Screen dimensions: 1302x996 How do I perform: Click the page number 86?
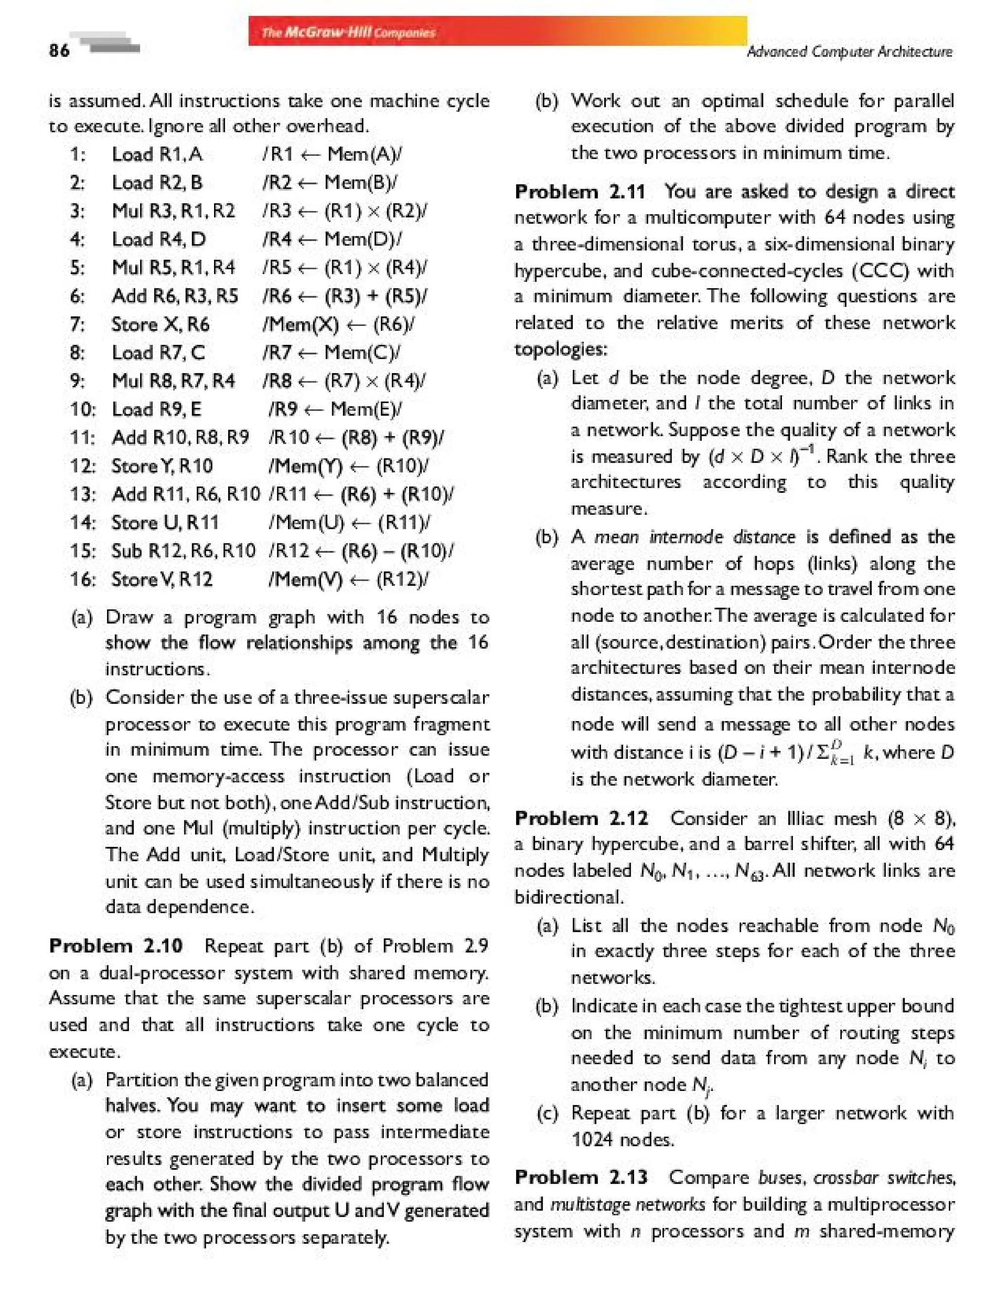tap(59, 51)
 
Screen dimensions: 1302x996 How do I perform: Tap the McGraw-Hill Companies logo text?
tap(349, 32)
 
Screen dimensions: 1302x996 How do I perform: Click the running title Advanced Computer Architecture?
tap(849, 52)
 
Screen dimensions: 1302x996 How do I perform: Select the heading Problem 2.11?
tap(579, 192)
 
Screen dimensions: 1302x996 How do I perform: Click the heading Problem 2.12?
tap(581, 818)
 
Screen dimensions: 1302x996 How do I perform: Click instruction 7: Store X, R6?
tap(160, 325)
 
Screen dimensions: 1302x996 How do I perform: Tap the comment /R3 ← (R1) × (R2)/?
tap(345, 211)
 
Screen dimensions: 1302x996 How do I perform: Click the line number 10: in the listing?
tap(82, 409)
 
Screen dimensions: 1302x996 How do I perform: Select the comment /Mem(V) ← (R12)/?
tap(349, 579)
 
